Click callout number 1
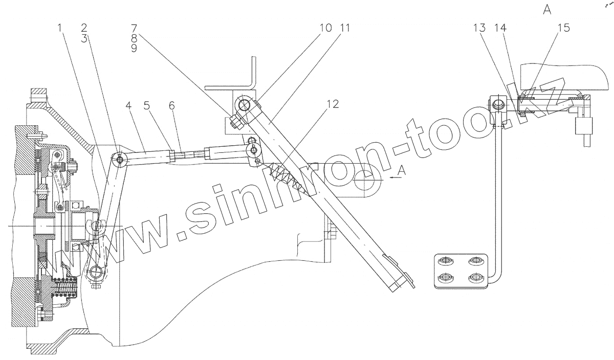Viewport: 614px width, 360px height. (x=60, y=28)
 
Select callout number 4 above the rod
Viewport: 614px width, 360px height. (x=128, y=107)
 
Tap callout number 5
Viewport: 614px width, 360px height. (x=147, y=107)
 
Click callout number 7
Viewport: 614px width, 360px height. (x=134, y=28)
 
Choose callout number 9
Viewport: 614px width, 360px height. (x=134, y=51)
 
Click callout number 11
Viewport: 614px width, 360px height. (x=346, y=28)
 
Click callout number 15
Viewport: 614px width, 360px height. (x=563, y=28)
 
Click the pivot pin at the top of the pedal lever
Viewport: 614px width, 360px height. (x=244, y=106)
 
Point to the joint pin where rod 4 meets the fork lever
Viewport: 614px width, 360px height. (x=120, y=160)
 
